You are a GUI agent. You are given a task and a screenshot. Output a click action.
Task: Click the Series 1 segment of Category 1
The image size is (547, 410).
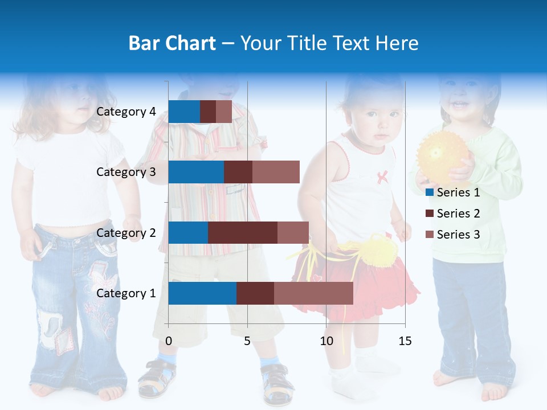tap(202, 293)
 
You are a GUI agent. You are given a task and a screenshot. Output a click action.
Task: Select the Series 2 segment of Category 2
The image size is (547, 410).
tap(243, 233)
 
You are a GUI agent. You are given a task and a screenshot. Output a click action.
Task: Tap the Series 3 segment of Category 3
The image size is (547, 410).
tap(276, 172)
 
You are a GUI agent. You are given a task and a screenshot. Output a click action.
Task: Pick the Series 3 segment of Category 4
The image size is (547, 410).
tap(224, 112)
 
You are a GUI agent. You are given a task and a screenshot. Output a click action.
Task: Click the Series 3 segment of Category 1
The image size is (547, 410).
tap(313, 293)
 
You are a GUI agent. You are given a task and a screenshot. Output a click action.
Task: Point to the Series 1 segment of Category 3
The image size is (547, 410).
tap(196, 172)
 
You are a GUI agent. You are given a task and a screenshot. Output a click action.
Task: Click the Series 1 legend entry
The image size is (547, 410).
tap(453, 192)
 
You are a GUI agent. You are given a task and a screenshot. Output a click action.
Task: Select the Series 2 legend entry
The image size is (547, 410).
tap(453, 214)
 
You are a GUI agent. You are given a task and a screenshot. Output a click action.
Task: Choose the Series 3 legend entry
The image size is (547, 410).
tap(453, 235)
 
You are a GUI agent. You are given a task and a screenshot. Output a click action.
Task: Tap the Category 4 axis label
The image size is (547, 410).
tap(126, 112)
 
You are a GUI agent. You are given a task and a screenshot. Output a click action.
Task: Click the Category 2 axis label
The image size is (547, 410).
tap(126, 233)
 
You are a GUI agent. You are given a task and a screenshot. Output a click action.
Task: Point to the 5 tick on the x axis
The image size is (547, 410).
tap(247, 341)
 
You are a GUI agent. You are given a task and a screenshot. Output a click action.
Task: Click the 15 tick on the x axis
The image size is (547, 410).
tap(405, 341)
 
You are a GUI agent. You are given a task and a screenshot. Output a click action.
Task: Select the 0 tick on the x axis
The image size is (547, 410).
tap(169, 341)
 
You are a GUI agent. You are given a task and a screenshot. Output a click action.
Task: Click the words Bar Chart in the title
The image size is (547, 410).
tap(172, 43)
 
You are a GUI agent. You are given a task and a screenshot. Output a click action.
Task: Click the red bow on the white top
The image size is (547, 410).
tap(382, 176)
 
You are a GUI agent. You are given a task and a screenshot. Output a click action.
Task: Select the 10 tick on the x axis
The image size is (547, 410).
tap(326, 341)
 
